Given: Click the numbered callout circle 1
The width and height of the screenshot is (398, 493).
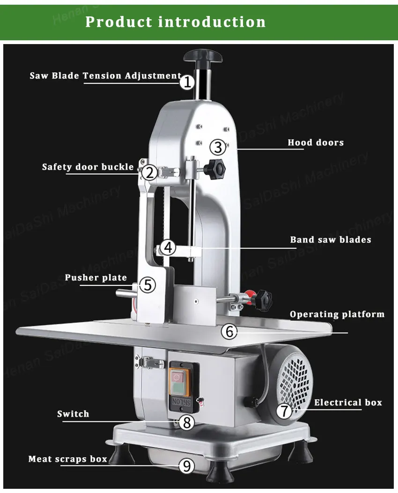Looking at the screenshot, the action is click(x=187, y=82).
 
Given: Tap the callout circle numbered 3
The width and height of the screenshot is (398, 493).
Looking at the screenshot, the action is click(x=217, y=147).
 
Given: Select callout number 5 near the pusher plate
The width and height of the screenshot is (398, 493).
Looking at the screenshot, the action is click(x=147, y=285).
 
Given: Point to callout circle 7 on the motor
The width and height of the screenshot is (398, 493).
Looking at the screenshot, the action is click(x=284, y=411).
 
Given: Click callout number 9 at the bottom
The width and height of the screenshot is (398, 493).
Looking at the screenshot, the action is click(x=186, y=466).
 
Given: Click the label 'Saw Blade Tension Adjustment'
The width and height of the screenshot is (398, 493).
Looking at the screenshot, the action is click(x=105, y=75).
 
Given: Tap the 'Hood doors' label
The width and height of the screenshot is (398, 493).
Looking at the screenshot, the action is click(x=315, y=142).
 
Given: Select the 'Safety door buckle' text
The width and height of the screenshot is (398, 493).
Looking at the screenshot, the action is click(x=88, y=167).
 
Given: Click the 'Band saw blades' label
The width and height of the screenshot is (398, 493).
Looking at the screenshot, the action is click(x=330, y=239).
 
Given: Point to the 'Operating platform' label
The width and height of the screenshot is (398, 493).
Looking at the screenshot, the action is click(x=337, y=314).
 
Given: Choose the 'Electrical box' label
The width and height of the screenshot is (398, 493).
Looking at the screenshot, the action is click(x=347, y=402).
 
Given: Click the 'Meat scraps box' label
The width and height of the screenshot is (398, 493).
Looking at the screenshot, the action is click(x=68, y=459).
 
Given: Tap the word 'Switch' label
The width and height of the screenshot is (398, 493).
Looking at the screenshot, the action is click(x=73, y=414).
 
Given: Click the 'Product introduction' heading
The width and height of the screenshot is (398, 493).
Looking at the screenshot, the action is click(x=176, y=22).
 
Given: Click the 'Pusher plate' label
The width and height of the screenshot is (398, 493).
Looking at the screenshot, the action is click(x=96, y=278).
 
